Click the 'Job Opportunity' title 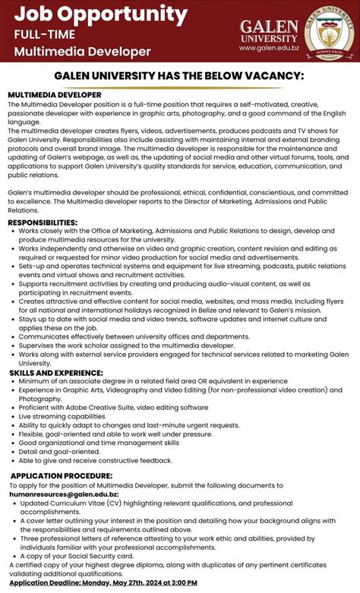(101, 14)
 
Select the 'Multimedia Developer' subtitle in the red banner (82, 51)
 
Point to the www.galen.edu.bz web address (270, 47)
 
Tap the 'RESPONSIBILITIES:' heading (43, 222)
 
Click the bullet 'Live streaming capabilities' (62, 416)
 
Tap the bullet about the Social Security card (77, 556)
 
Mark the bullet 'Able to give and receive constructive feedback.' (96, 460)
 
